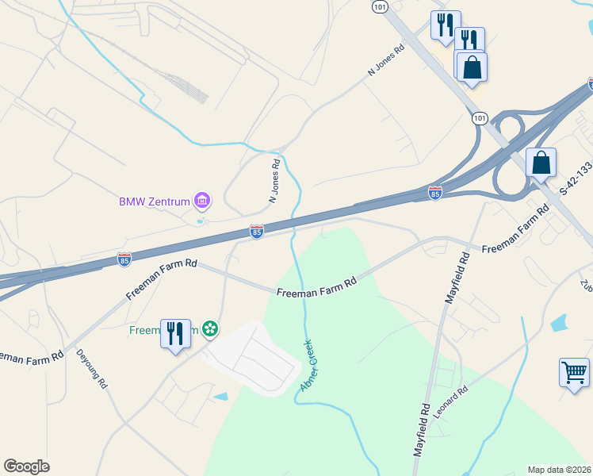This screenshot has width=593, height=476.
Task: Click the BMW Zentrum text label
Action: tap(155, 202)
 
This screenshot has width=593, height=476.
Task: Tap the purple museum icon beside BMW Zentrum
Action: tap(202, 201)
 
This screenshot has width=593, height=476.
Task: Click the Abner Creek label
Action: tap(308, 366)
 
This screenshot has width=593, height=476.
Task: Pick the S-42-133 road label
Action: tap(576, 178)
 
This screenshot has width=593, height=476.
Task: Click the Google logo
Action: tap(26, 466)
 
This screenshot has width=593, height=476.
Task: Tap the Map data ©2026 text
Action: tap(560, 470)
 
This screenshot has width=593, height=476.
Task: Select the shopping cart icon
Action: tap(574, 371)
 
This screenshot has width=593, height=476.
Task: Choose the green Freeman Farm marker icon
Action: tap(210, 328)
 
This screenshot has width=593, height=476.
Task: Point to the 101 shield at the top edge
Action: tap(380, 6)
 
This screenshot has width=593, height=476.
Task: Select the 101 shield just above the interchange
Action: tap(479, 118)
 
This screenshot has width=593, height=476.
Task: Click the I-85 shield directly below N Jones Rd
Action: tap(256, 231)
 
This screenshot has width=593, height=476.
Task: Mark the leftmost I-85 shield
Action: tap(124, 259)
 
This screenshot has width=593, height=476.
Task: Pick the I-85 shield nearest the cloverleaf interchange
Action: tap(434, 192)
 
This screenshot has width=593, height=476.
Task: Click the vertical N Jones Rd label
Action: tap(275, 181)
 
